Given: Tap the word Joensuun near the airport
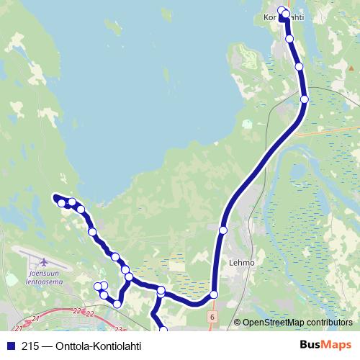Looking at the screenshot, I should tap(42, 274).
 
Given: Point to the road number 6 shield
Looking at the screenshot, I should tap(213, 317).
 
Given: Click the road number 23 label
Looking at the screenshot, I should tap(117, 329).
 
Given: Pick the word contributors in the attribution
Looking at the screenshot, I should tap(328, 323).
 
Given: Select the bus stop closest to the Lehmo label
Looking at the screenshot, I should tap(223, 230).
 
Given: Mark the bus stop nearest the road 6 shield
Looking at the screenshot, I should tap(214, 294).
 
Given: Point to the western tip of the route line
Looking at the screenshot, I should tap(55, 196).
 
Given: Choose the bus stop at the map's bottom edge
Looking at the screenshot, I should tap(163, 330).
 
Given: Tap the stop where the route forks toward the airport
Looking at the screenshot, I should tap(128, 277).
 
